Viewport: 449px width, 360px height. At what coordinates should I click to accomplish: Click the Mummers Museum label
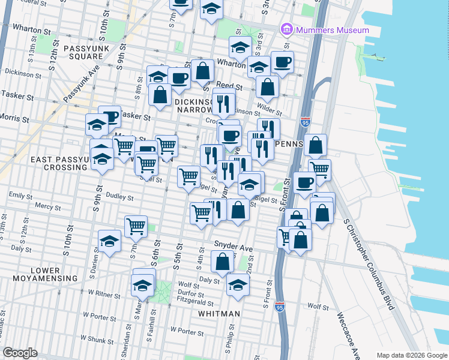click(x=332, y=29)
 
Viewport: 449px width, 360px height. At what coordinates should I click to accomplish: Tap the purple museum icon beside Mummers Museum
click(x=286, y=29)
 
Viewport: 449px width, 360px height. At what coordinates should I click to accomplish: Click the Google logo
click(x=20, y=352)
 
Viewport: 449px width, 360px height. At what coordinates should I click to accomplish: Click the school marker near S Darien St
click(x=109, y=241)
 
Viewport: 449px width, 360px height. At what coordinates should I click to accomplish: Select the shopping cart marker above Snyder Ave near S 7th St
click(x=136, y=227)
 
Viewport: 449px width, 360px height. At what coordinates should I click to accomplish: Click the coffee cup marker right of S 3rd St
click(x=282, y=62)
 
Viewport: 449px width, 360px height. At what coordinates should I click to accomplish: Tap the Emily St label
click(x=20, y=196)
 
